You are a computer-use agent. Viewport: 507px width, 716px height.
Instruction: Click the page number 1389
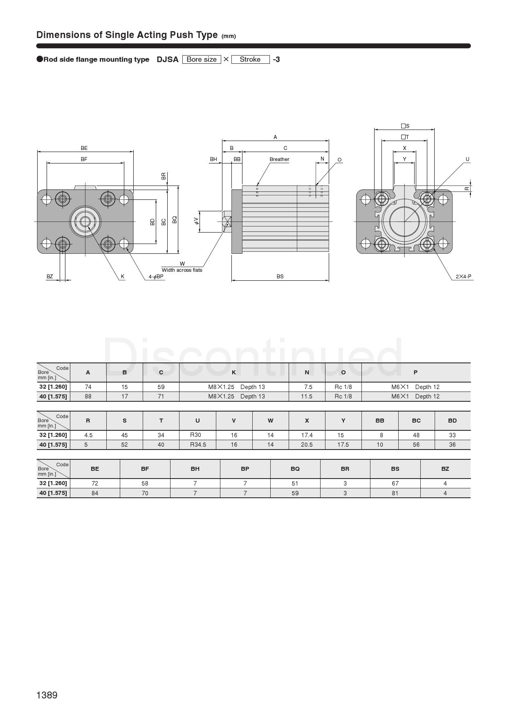pyautogui.click(x=47, y=695)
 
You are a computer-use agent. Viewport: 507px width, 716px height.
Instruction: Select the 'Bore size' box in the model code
pyautogui.click(x=202, y=59)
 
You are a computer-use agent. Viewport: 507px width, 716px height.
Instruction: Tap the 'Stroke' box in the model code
pyautogui.click(x=250, y=59)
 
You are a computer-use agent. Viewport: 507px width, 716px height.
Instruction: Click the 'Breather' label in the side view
pyautogui.click(x=279, y=159)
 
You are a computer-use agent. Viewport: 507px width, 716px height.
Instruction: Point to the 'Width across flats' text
pyautogui.click(x=182, y=270)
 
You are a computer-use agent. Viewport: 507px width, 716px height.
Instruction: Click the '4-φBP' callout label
pyautogui.click(x=156, y=277)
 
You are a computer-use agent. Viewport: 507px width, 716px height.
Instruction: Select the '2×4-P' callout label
pyautogui.click(x=464, y=277)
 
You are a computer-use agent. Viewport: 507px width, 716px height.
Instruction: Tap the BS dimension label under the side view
pyautogui.click(x=280, y=277)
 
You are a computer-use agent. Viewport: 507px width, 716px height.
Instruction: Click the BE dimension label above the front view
pyautogui.click(x=84, y=148)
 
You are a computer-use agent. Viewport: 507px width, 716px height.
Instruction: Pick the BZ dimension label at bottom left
pyautogui.click(x=49, y=277)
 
